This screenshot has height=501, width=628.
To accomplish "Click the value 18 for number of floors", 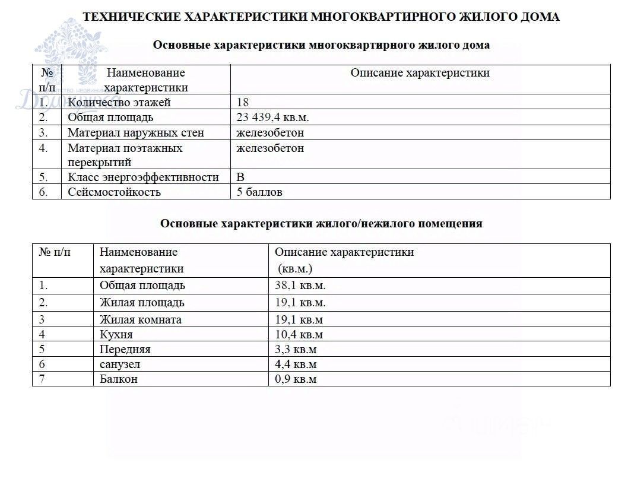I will coord(242,102).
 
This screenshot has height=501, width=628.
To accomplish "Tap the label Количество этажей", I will coord(119,102).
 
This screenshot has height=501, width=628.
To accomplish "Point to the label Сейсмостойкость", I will coord(114,192).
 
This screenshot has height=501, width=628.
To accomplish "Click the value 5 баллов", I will coord(259,192).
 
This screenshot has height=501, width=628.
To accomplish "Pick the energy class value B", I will coord(240,177).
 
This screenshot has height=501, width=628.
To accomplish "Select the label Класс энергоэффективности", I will coord(143,177).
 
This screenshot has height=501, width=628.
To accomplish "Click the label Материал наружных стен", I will coord(135,132).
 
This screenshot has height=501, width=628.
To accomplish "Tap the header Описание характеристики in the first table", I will coord(420,73).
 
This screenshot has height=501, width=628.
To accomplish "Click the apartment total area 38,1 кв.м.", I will coord(300,286).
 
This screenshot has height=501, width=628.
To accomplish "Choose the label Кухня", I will coord(116,334).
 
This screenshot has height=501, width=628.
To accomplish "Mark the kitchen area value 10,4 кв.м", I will coord(299,334).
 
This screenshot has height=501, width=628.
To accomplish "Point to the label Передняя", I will coord(125,349).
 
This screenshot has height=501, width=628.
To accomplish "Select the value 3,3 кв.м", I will coord(296,349).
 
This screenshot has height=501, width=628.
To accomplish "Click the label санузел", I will coord(120,364).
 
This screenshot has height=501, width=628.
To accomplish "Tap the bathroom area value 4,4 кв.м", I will coord(296,364).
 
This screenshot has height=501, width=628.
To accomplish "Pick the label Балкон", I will coord(119,379).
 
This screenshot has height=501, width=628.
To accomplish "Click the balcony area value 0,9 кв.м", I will coord(296,379).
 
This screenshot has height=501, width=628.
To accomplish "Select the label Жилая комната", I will coord(141,319).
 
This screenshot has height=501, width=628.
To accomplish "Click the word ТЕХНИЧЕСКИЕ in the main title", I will coord(132,17).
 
